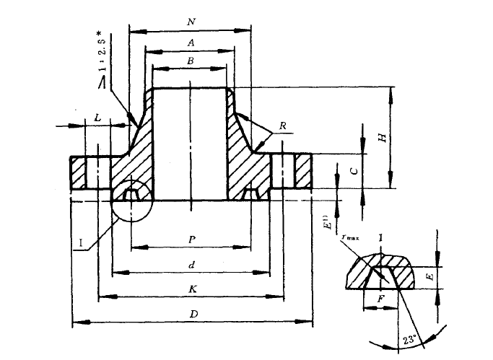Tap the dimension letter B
point(190,61)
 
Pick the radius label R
point(283,126)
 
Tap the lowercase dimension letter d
point(191,265)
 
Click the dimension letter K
point(191,289)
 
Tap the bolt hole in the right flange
point(288,172)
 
